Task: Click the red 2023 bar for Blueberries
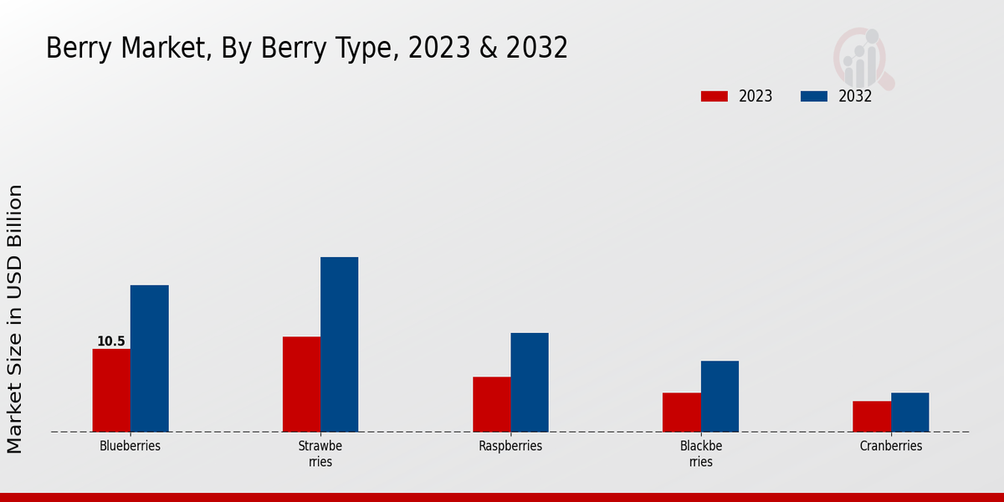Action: click(111, 390)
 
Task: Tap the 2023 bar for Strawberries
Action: click(301, 384)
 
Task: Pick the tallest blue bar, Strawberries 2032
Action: click(339, 344)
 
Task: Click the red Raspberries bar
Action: click(491, 404)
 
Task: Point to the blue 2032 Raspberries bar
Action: click(530, 382)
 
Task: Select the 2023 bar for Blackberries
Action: click(681, 412)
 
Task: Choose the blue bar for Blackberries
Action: click(720, 396)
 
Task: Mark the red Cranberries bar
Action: click(872, 416)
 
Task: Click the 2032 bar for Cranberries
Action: click(909, 412)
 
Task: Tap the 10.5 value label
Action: click(110, 341)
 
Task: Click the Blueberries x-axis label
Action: click(130, 446)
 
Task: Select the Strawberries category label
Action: click(320, 453)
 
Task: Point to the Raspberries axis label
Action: click(510, 446)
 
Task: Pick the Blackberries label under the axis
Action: click(701, 453)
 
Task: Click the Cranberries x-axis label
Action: click(891, 446)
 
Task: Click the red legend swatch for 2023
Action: click(714, 96)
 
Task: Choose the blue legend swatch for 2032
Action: click(813, 96)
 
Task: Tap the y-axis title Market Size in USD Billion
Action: click(15, 319)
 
